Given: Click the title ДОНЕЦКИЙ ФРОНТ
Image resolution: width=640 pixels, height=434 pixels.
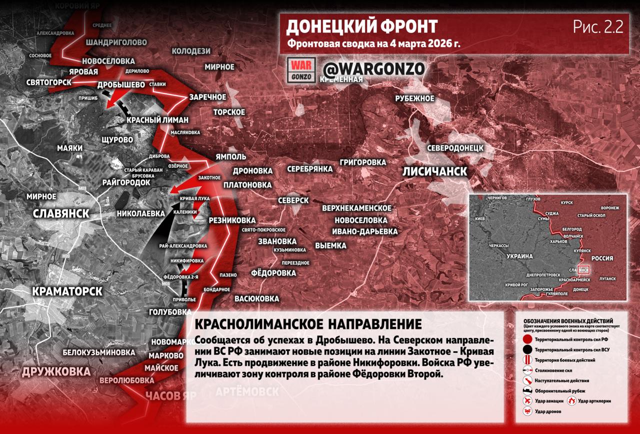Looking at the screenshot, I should click(x=362, y=27).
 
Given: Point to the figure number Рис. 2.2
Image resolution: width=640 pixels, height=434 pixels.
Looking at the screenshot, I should click(x=598, y=28).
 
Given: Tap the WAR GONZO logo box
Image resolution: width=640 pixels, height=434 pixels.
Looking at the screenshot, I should click(x=302, y=69).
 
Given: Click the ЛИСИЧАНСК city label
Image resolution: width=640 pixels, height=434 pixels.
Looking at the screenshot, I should click(x=435, y=172).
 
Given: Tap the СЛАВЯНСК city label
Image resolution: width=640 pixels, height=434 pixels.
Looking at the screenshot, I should click(x=61, y=214).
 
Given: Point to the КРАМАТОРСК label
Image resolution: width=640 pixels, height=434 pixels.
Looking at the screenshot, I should click(x=67, y=291).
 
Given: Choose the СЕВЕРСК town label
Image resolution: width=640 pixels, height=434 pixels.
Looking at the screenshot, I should click(x=293, y=200).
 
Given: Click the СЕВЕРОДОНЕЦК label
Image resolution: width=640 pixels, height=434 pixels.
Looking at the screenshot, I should click(x=455, y=148).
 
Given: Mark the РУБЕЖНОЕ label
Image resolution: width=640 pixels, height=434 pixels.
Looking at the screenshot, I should click(x=414, y=99).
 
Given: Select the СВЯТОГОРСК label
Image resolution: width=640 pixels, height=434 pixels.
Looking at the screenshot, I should click(x=49, y=82).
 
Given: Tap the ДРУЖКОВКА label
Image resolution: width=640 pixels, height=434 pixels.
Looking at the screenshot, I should click(x=56, y=371).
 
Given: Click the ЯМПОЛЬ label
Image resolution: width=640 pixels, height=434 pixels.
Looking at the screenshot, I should click(x=230, y=157).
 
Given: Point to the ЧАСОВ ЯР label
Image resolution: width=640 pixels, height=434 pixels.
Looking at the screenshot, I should click(x=170, y=396).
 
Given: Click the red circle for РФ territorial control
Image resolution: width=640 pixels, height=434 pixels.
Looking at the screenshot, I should click(x=526, y=340).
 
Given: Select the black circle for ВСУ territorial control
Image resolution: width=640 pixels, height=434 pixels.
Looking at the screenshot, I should click(x=526, y=350).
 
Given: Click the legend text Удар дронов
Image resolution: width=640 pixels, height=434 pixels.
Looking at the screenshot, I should click(x=548, y=411).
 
